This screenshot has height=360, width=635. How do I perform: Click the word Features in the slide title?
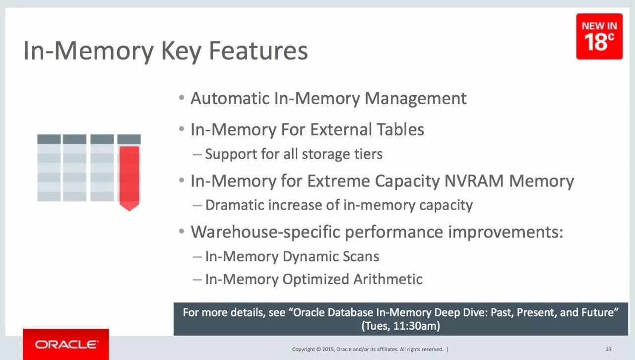(258, 51)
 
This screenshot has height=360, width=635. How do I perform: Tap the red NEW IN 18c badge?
(599, 36)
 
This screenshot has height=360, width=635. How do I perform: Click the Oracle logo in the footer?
(66, 345)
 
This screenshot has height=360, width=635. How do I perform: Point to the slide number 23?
(608, 349)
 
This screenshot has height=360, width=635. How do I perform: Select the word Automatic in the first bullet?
(230, 98)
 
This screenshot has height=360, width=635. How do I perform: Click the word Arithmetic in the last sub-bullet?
(388, 279)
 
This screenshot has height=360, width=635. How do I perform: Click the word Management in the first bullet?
(415, 99)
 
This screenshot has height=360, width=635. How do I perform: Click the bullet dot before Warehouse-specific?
(182, 231)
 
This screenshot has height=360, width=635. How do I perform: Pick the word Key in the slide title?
(181, 51)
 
